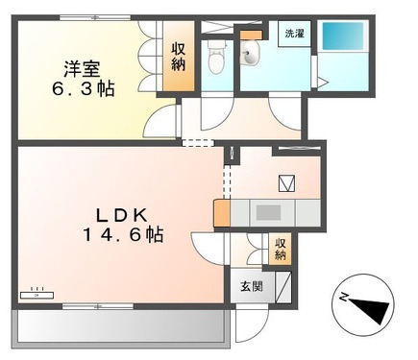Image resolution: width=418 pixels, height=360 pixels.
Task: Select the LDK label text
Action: click(x=122, y=216)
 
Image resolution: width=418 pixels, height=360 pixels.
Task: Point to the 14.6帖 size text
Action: click(x=123, y=235)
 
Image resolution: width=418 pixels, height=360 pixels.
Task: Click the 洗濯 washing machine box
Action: click(x=294, y=34)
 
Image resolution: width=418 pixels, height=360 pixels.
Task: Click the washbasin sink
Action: click(x=250, y=54)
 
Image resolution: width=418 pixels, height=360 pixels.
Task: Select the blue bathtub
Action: click(x=343, y=36)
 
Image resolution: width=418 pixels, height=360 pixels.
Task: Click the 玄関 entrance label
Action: click(x=252, y=286)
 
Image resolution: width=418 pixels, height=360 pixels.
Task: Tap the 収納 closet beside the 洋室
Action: click(x=179, y=57)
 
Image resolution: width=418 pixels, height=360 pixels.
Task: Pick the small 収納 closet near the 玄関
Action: click(x=280, y=250)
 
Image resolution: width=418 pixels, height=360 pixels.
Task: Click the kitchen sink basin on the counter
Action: click(x=268, y=213)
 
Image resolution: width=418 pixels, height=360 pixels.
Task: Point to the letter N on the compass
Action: click(x=344, y=298)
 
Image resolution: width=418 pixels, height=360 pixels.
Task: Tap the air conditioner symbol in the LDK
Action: click(x=37, y=295)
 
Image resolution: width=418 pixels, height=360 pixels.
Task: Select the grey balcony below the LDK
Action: click(x=121, y=326)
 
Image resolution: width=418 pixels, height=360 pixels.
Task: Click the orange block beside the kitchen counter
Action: click(x=222, y=213)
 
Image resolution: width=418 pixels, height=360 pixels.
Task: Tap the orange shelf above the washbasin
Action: click(x=252, y=35)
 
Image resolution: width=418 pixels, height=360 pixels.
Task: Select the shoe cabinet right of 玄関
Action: click(x=283, y=287)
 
